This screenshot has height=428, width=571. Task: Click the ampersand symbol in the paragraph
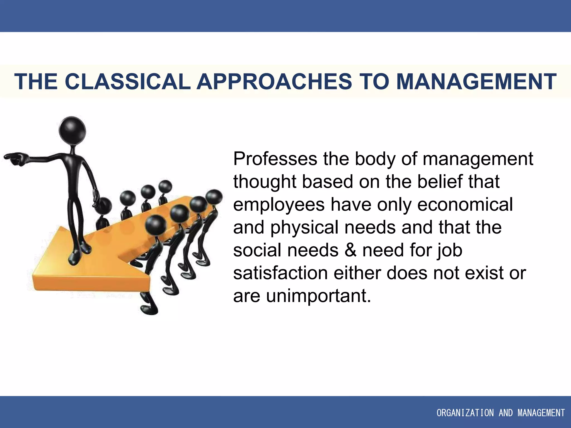[x=350, y=250]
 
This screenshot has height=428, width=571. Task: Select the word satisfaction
[x=280, y=273]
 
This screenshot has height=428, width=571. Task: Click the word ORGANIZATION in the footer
[x=465, y=413]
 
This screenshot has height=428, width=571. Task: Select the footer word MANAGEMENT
[x=541, y=413]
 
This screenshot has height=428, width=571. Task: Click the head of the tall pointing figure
[x=72, y=130]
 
